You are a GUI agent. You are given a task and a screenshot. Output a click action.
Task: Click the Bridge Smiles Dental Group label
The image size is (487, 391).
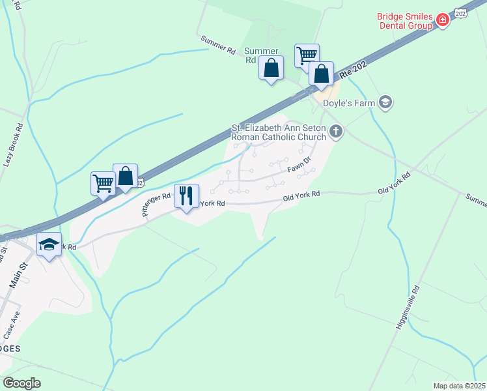coord(404,20)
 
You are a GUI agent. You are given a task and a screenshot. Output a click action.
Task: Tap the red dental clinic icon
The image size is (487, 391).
coord(442,20)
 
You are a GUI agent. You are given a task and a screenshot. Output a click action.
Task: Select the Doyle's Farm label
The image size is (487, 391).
coord(351,102)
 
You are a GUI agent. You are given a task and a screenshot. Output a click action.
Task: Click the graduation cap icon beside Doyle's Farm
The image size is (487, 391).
coord(385,102)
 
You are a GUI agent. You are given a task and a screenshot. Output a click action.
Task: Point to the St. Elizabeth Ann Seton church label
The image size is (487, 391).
coord(279,133)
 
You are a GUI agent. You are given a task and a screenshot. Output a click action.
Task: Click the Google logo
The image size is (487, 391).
coord(21,383)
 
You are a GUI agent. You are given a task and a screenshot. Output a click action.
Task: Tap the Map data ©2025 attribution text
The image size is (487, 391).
coord(459,386)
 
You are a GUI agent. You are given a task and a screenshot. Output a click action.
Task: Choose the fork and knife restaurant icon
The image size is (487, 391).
coord(187,195)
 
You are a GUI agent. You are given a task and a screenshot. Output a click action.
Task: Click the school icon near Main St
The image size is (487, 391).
coord(49,244)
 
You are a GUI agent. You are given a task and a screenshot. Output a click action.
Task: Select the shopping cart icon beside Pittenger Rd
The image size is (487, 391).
coord(103,183)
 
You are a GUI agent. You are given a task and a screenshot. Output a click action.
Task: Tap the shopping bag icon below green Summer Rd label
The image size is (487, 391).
coord(271,67)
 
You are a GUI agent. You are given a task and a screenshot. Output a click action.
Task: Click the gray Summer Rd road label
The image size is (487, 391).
coord(218,45)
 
